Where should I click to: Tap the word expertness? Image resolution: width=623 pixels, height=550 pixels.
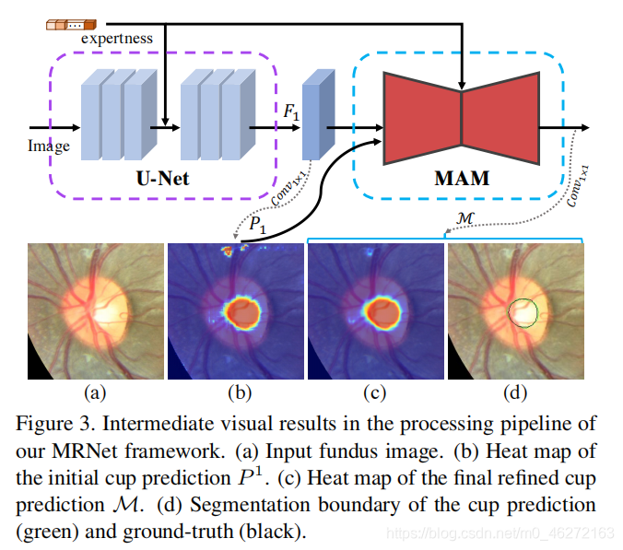(117, 38)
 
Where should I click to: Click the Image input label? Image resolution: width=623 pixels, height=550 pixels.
(48, 146)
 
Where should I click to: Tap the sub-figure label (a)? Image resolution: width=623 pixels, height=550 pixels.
(95, 393)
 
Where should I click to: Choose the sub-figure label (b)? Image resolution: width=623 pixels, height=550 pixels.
(239, 393)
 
